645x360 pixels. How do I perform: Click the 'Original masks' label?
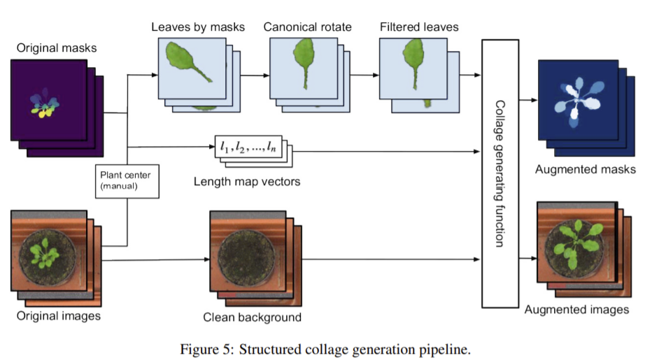56,48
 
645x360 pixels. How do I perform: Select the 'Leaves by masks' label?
198,27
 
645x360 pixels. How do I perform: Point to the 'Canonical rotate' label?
307,27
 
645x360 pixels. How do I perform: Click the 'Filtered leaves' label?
419,27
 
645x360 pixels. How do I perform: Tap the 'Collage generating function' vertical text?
499,173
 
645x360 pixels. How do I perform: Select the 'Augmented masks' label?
585,169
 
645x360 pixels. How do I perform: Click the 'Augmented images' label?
576,309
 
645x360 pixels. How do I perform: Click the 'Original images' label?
59,316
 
